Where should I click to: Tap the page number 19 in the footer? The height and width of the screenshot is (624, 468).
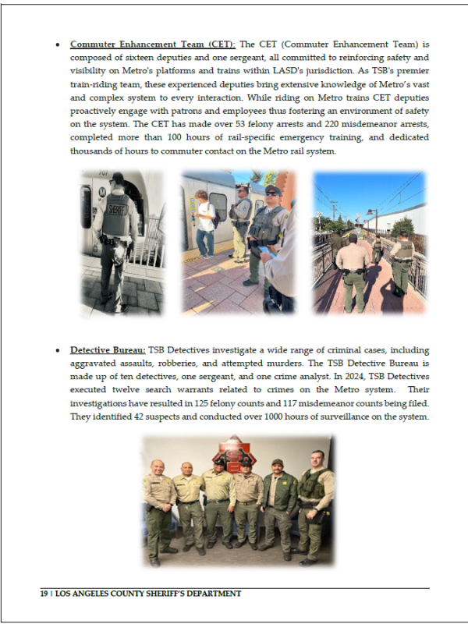click(x=44, y=594)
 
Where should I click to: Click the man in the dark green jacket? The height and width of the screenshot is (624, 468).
click(x=278, y=506)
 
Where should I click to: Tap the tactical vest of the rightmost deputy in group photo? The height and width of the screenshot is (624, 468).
click(x=314, y=487)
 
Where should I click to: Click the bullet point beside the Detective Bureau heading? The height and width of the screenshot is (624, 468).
click(x=59, y=350)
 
